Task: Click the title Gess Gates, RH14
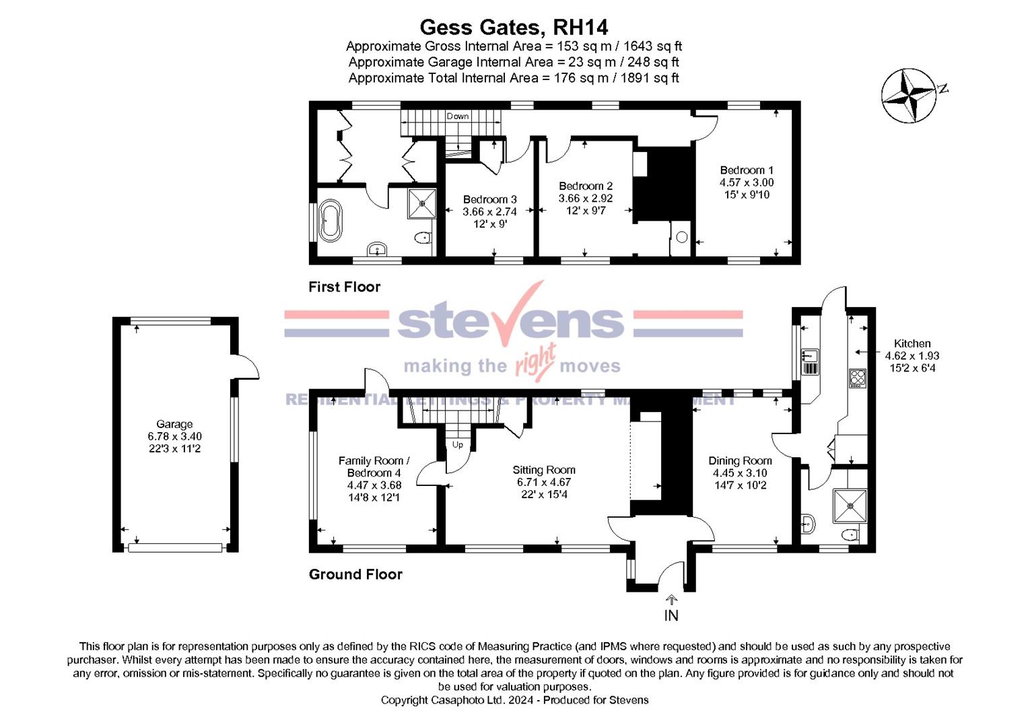[x=514, y=28]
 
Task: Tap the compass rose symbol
[x=909, y=96]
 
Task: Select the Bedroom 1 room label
[x=747, y=171]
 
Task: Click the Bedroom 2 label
[x=586, y=186]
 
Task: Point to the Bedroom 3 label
[x=489, y=200]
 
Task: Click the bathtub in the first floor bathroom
[x=331, y=220]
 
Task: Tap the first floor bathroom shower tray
[x=422, y=203]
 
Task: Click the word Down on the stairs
[x=458, y=116]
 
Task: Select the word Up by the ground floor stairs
[x=458, y=445]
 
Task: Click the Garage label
[x=174, y=425]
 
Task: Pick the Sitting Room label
[x=544, y=471]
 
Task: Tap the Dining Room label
[x=740, y=461]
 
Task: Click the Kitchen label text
[x=912, y=344]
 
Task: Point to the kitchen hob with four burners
[x=857, y=378]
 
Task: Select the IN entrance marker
[x=671, y=615]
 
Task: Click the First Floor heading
[x=344, y=287]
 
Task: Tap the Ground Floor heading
[x=355, y=575]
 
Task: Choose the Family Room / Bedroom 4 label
[x=374, y=467]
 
